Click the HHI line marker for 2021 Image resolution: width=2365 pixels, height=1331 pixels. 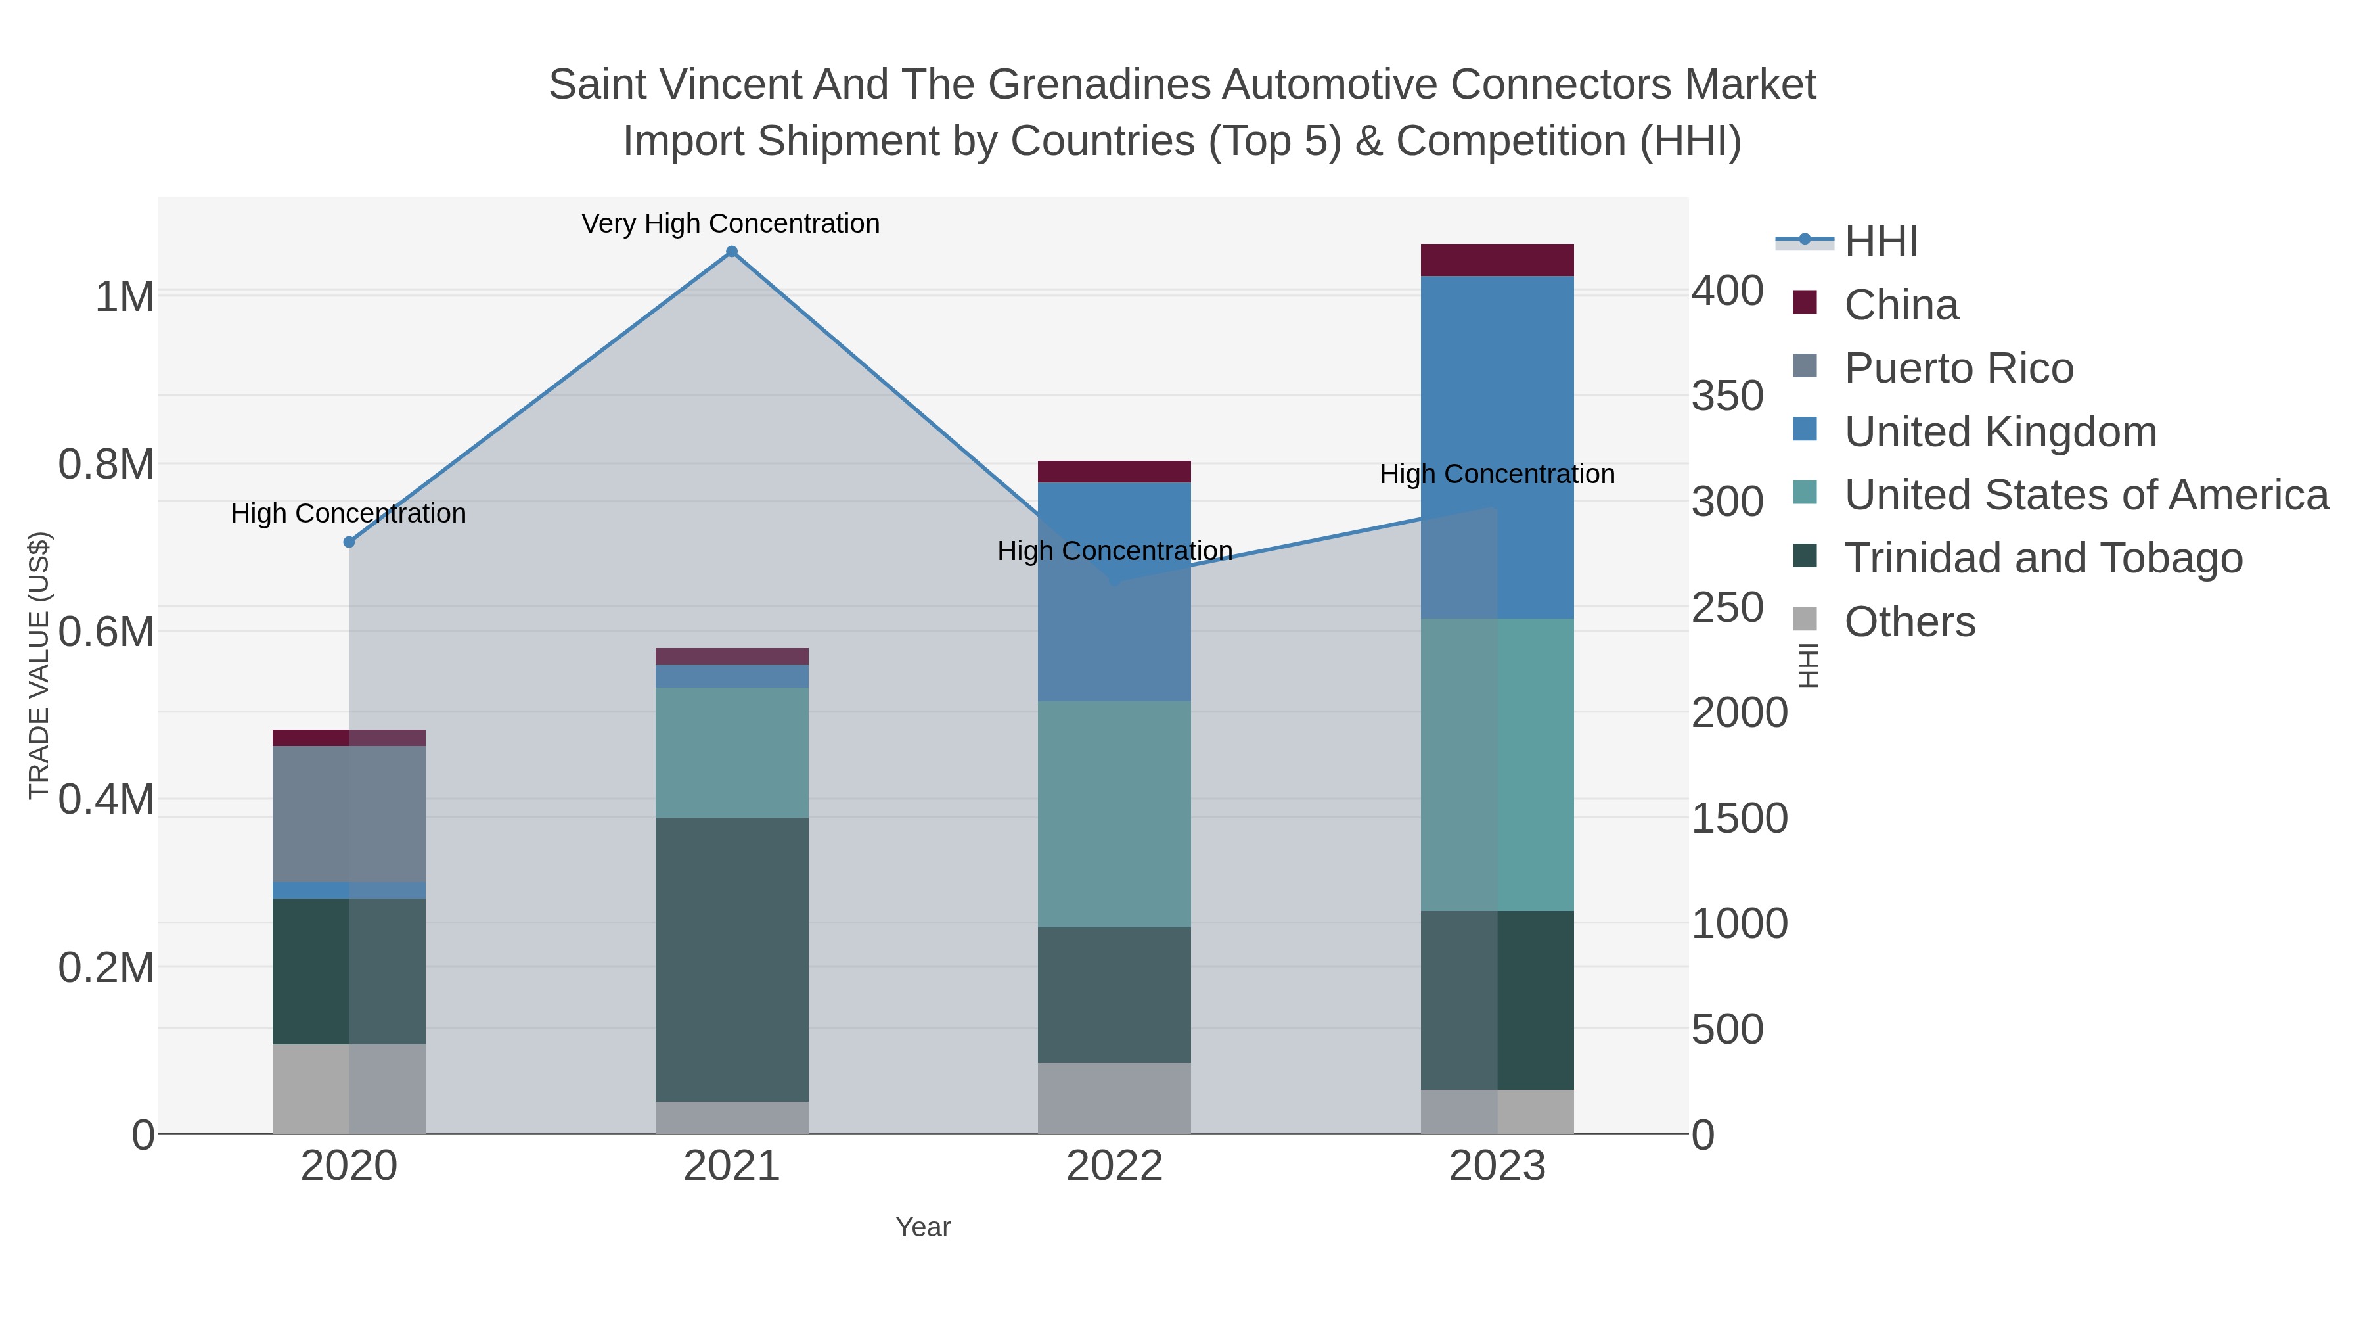(732, 252)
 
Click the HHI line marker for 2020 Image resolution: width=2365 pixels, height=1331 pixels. (349, 542)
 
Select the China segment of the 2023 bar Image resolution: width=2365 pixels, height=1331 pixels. (1497, 260)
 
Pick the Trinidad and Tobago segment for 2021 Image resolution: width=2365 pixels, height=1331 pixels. (732, 959)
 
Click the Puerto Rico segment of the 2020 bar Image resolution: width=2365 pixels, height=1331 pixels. (349, 814)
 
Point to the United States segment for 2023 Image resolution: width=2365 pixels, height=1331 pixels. (1497, 764)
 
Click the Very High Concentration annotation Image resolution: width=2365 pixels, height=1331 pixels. (731, 224)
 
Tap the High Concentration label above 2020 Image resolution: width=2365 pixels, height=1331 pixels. (349, 513)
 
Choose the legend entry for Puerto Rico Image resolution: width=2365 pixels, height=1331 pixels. (1958, 368)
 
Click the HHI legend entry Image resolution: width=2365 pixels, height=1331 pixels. (1881, 242)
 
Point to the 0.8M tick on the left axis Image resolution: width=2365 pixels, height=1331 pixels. (106, 465)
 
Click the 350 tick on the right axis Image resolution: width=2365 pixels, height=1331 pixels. (1727, 397)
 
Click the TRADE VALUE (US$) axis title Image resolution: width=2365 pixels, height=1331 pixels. (39, 665)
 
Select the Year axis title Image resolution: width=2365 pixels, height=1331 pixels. (923, 1227)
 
